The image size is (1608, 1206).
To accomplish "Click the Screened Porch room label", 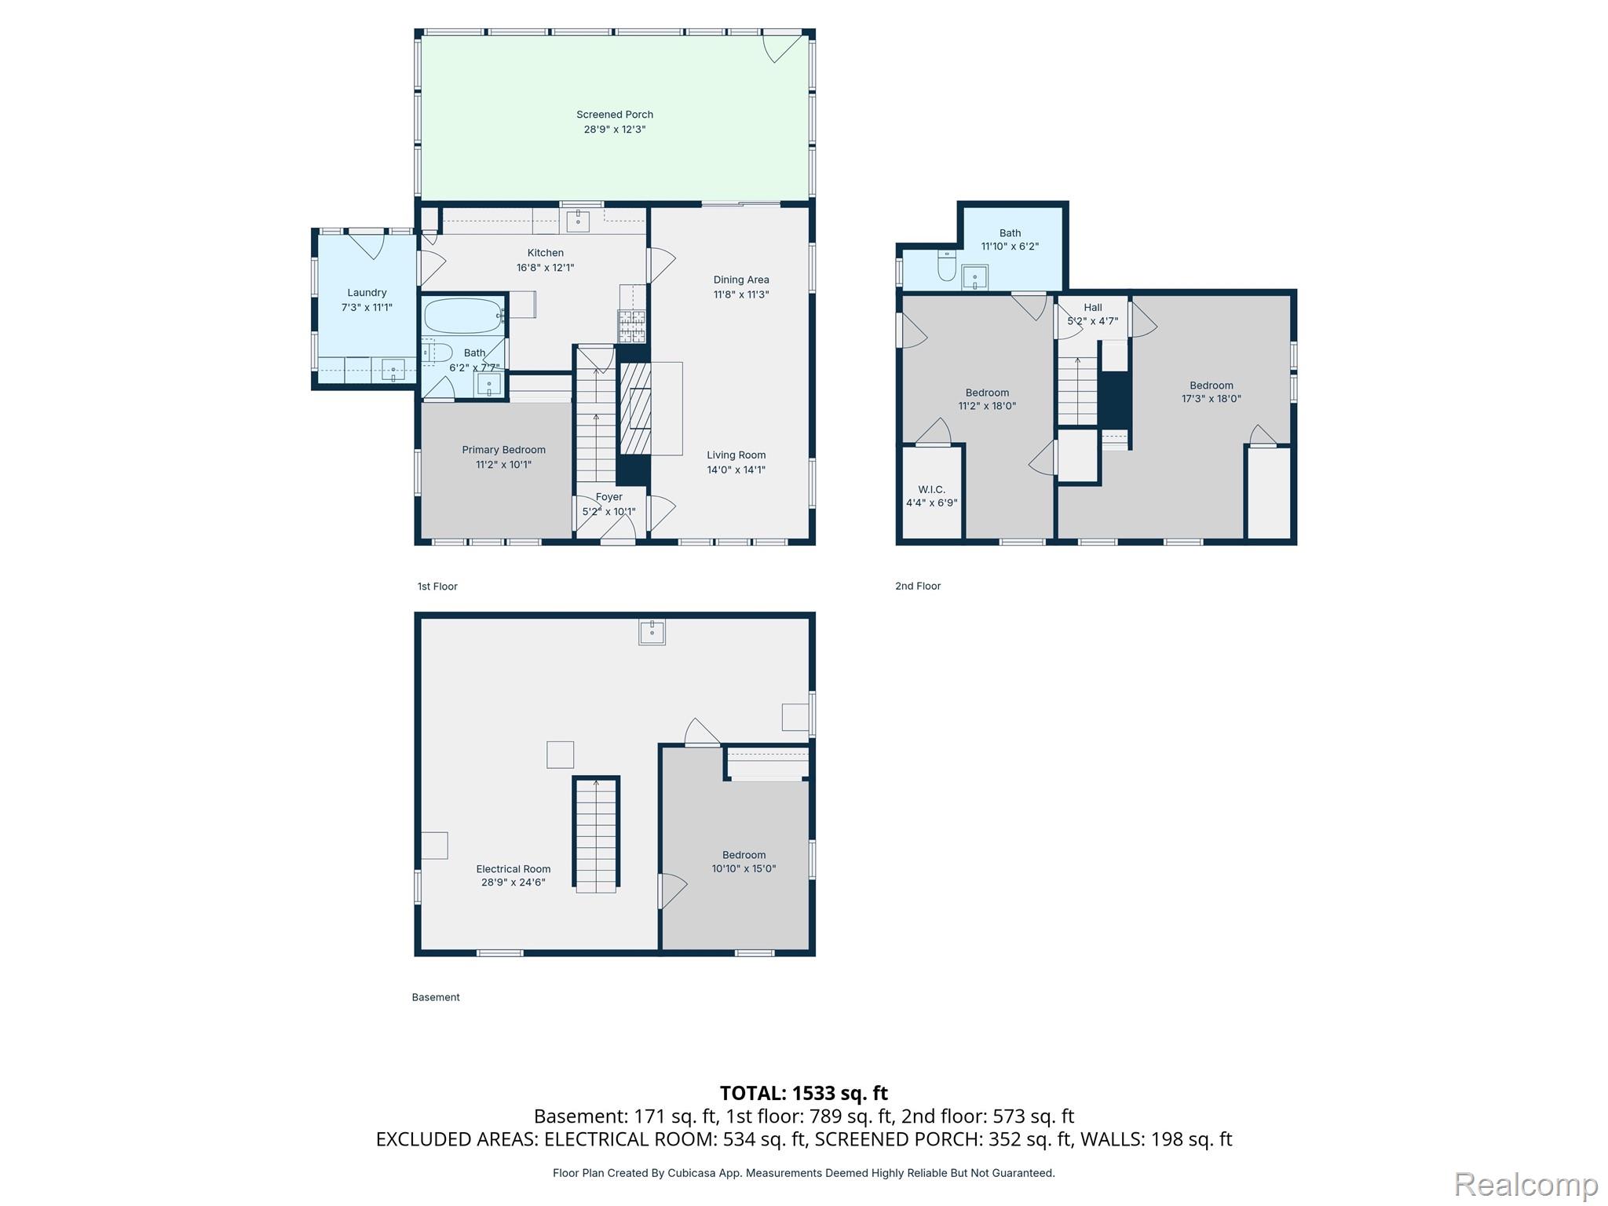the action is [x=615, y=115].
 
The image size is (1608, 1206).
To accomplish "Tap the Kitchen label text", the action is [x=546, y=253].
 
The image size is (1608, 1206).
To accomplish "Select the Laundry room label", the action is [x=367, y=293].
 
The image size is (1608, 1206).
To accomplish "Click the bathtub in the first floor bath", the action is [x=463, y=316].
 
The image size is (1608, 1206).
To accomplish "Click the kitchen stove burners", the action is [x=632, y=327].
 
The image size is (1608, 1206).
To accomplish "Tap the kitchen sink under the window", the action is [x=579, y=221].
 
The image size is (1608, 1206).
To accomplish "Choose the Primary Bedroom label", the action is [x=503, y=450].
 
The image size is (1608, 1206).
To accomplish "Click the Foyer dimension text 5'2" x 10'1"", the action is [x=608, y=512].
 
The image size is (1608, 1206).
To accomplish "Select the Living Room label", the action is [x=736, y=455].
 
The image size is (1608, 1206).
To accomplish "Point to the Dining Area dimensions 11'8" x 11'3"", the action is [x=741, y=295].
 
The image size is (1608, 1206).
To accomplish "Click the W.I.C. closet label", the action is [x=932, y=490].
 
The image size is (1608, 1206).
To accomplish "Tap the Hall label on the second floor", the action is [x=1093, y=308].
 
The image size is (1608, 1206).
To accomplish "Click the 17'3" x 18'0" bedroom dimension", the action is [x=1211, y=399].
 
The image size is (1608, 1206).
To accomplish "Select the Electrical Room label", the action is [x=513, y=869].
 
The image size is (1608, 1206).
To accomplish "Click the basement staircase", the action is [x=596, y=835].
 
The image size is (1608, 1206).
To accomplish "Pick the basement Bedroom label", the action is [x=744, y=855].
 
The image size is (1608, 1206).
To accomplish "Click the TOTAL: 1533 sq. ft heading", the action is [x=804, y=1093].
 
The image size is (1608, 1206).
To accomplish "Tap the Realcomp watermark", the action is [x=1526, y=1184].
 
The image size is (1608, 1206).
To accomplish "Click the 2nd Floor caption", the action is [x=918, y=586].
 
